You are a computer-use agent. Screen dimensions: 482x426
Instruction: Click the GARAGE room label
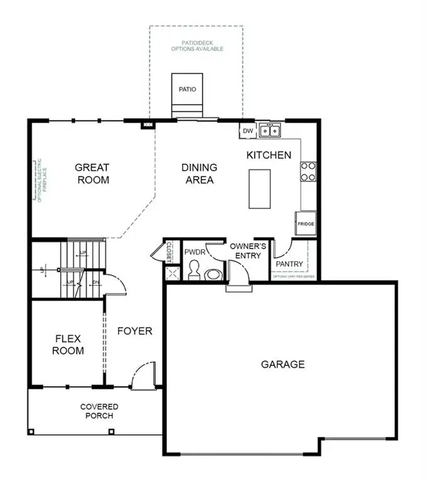tap(283, 364)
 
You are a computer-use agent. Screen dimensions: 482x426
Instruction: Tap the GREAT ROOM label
tap(92, 174)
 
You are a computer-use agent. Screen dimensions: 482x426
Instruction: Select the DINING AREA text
tap(200, 174)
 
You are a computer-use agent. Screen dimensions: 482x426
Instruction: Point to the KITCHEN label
tap(269, 155)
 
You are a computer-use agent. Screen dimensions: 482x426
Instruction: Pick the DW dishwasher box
tap(247, 131)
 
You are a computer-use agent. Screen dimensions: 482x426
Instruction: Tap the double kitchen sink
tap(271, 131)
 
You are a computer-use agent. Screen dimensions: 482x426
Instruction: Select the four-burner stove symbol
tap(308, 171)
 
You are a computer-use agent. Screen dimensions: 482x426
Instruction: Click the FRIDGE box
tap(306, 223)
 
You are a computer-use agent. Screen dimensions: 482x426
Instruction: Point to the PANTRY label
tap(289, 264)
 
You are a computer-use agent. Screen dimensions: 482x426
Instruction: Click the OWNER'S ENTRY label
tap(248, 250)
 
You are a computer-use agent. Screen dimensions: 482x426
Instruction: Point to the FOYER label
tap(135, 331)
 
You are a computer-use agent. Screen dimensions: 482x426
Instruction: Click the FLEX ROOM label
tap(68, 345)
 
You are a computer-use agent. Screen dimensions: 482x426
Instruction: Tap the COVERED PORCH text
tap(99, 411)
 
